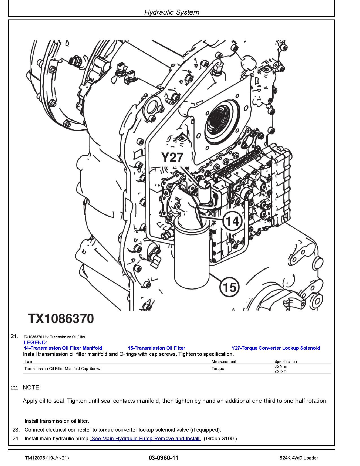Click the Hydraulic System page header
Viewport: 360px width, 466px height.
point(172,12)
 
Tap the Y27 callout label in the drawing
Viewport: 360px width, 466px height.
point(173,157)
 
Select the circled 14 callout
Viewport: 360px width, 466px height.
point(233,221)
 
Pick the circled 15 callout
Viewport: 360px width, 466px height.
point(229,287)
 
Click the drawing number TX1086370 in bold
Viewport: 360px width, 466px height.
point(61,319)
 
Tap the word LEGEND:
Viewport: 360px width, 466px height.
point(35,343)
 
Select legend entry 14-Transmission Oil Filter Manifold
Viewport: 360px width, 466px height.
point(63,348)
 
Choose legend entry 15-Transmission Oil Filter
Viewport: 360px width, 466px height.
point(156,348)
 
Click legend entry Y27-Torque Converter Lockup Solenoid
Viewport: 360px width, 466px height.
point(276,348)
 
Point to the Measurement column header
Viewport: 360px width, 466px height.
point(224,362)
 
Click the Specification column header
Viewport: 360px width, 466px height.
point(285,362)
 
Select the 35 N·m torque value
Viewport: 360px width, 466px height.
point(281,366)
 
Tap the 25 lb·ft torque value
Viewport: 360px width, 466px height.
point(280,371)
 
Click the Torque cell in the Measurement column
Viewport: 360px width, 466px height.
point(218,369)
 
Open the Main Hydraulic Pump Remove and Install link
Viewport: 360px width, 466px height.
point(146,439)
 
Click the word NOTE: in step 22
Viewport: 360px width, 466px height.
point(32,387)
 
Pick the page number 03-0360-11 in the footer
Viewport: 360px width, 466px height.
point(163,458)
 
